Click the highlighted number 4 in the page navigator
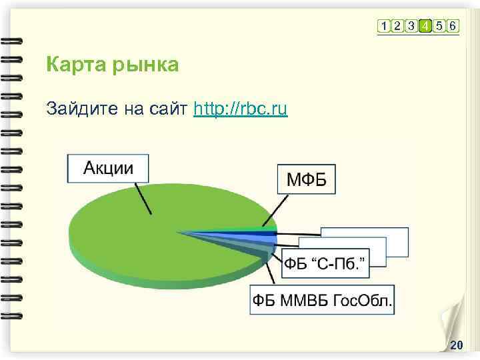424,26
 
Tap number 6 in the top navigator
453,26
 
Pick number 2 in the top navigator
397,26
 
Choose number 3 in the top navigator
411,26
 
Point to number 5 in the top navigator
439,26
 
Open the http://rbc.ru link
240,109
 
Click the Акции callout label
107,168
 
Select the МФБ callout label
306,179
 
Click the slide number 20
457,345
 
